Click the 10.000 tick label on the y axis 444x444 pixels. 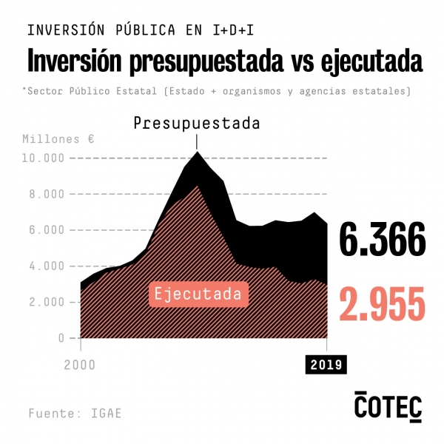(43, 158)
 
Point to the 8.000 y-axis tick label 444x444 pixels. (46, 195)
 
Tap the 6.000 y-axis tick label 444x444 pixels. (46, 230)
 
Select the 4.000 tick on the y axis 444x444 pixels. (46, 266)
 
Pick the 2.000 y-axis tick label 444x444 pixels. (46, 302)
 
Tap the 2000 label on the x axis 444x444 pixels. (80, 364)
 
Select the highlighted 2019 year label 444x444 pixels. (326, 364)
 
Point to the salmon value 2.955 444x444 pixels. (383, 303)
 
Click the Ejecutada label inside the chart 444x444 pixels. (198, 295)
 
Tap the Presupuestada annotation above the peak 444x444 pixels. (197, 123)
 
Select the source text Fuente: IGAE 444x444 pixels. (75, 413)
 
